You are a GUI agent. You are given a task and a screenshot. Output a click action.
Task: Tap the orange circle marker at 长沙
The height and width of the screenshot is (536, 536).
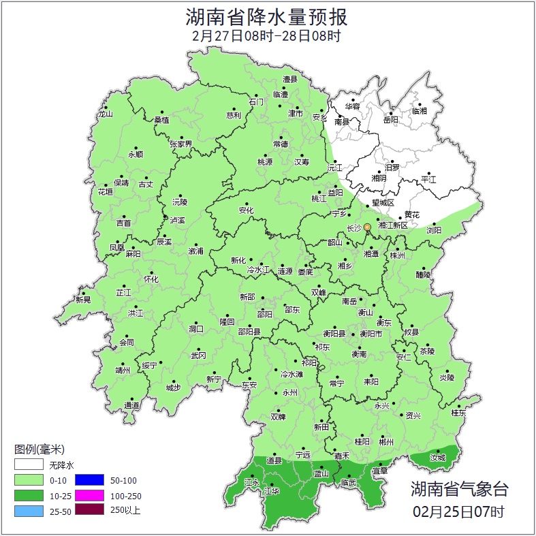coord(367,227)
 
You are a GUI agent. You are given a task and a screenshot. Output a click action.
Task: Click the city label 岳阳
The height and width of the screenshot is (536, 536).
coord(390,120)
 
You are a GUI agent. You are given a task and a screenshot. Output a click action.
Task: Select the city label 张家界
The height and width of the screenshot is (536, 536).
coord(181,144)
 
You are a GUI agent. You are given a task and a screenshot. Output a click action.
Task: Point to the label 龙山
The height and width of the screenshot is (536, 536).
coord(105,114)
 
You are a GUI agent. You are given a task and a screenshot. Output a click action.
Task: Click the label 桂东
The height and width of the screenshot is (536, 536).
coord(458,412)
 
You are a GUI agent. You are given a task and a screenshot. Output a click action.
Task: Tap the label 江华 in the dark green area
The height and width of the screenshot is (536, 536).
coord(272,491)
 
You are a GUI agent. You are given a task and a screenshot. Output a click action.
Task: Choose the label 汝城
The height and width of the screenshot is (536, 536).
coord(437,458)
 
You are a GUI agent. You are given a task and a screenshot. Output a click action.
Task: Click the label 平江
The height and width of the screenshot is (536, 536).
coord(428,179)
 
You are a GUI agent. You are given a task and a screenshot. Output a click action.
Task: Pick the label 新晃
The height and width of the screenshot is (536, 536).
coord(83,300)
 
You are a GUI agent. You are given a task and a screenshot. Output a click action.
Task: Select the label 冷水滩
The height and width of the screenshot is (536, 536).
coord(291,374)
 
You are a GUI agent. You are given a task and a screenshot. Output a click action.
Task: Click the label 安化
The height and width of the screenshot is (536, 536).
coord(246,210)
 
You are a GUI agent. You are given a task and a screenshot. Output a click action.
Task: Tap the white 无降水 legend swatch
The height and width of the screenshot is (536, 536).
coord(29,465)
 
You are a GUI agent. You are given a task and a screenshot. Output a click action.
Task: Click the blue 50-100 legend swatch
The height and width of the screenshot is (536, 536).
coord(89,480)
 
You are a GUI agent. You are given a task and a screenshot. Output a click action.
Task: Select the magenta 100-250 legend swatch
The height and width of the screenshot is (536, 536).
coord(89,495)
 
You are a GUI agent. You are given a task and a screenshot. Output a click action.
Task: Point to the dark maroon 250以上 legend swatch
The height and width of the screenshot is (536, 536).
coord(89,510)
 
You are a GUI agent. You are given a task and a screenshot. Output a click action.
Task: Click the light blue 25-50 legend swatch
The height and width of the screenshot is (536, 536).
coord(29,510)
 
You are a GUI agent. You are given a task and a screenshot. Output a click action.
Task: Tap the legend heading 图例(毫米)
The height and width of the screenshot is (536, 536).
coord(39,450)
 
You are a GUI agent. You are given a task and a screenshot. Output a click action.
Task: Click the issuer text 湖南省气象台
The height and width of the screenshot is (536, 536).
coord(459,488)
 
